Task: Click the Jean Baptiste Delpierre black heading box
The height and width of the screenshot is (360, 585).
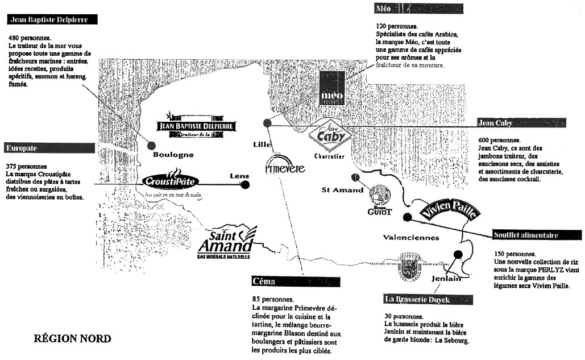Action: click(52, 19)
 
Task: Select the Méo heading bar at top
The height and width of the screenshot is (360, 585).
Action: click(418, 9)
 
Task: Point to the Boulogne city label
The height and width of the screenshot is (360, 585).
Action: click(173, 154)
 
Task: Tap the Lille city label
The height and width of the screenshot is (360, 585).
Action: click(262, 144)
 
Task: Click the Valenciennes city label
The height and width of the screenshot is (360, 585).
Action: click(411, 237)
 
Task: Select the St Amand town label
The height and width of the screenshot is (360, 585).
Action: click(342, 190)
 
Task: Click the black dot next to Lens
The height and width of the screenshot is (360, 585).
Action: click(246, 185)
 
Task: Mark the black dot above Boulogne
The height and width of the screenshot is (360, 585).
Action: click(151, 144)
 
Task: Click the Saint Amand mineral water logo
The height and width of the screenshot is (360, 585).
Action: click(225, 243)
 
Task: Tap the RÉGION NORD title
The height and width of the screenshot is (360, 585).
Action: click(73, 338)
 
